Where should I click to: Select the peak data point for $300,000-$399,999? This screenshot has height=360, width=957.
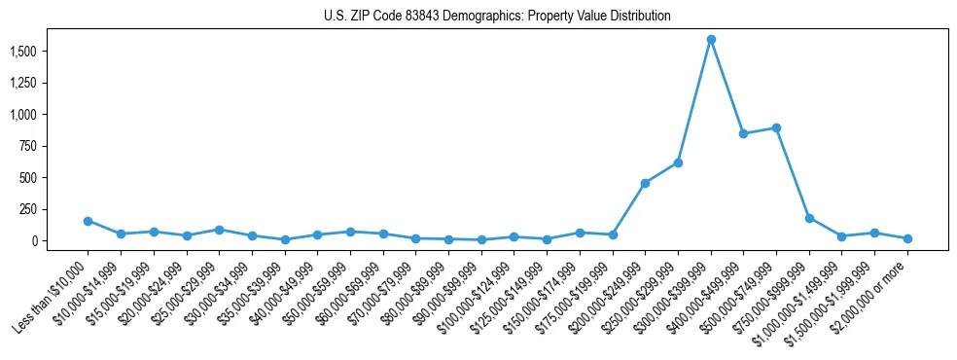(x=711, y=40)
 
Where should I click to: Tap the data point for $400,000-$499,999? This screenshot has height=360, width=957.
(x=744, y=133)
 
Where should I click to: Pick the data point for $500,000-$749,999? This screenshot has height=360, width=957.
(x=776, y=127)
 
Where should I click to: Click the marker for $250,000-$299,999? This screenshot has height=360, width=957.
(x=678, y=162)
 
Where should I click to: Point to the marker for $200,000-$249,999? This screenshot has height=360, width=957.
(x=645, y=183)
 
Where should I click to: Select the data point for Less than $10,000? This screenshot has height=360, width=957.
(x=88, y=221)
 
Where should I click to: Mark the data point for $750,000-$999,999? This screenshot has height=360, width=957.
(x=809, y=218)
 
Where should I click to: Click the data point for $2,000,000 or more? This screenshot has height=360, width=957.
(x=907, y=238)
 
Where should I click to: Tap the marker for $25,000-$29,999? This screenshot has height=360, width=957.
(x=219, y=230)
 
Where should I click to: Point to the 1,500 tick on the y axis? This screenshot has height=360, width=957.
(x=40, y=51)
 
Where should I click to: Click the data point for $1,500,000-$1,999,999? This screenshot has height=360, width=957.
(x=874, y=233)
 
